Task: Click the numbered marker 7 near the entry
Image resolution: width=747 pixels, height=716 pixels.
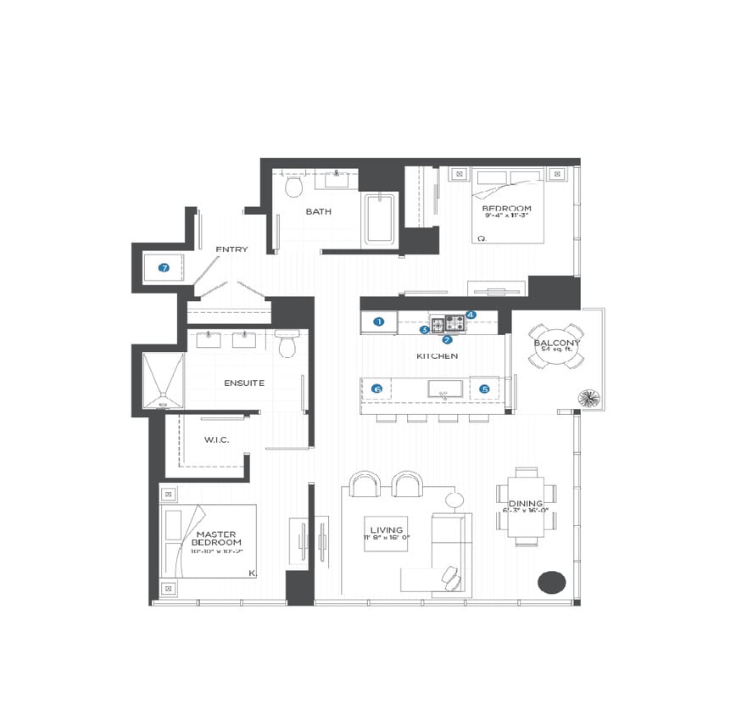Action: pos(164,267)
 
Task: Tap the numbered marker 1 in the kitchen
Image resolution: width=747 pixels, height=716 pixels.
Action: pos(380,322)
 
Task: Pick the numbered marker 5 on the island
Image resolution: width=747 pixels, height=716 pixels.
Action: pos(485,389)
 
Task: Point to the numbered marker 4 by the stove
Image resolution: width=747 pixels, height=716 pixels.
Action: pos(471,315)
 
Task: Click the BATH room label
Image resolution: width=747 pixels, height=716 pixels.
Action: pos(319,211)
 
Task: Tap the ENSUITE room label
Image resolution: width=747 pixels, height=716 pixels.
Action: pos(244,383)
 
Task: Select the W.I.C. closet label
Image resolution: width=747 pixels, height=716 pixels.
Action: pos(216,439)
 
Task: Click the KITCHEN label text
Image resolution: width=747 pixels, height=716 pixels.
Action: pos(437,355)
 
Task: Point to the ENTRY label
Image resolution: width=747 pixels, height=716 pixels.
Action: pos(231,249)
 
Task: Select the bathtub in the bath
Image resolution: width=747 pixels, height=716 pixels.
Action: pos(381,219)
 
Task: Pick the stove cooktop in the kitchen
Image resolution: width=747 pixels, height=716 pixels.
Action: pos(449,322)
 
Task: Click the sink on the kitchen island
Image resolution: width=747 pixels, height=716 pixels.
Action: pos(444,389)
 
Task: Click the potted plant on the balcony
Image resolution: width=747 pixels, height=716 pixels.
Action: pos(588,397)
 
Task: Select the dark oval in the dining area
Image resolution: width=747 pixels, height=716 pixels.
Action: pos(551,582)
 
